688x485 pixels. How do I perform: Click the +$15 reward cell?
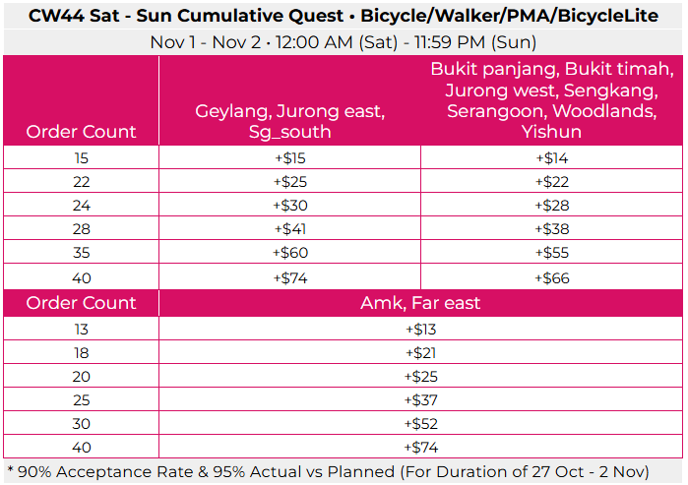pyautogui.click(x=289, y=158)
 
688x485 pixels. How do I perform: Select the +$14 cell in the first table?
pyautogui.click(x=551, y=158)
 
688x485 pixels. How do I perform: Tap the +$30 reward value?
pyautogui.click(x=289, y=206)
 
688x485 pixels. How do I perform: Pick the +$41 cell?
pyautogui.click(x=289, y=230)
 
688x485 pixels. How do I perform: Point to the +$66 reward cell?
pyautogui.click(x=551, y=278)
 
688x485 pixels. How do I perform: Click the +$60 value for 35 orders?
pyautogui.click(x=289, y=254)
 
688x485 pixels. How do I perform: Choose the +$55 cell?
pyautogui.click(x=551, y=254)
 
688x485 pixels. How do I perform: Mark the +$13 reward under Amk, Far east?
pyautogui.click(x=420, y=329)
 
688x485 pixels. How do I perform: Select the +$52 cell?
pyautogui.click(x=420, y=424)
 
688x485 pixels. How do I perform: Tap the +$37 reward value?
pyautogui.click(x=420, y=400)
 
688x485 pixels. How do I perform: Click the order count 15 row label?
pyautogui.click(x=81, y=158)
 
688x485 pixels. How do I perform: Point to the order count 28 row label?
pyautogui.click(x=81, y=230)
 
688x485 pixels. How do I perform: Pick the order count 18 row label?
pyautogui.click(x=81, y=352)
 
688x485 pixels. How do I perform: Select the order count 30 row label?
pyautogui.click(x=81, y=424)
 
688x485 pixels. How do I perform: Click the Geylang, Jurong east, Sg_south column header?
pyautogui.click(x=289, y=121)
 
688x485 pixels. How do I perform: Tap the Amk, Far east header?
pyautogui.click(x=420, y=303)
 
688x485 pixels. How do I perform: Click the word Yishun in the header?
pyautogui.click(x=551, y=132)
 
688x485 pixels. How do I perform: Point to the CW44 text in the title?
pyautogui.click(x=55, y=16)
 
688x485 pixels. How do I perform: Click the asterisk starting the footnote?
pyautogui.click(x=10, y=469)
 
